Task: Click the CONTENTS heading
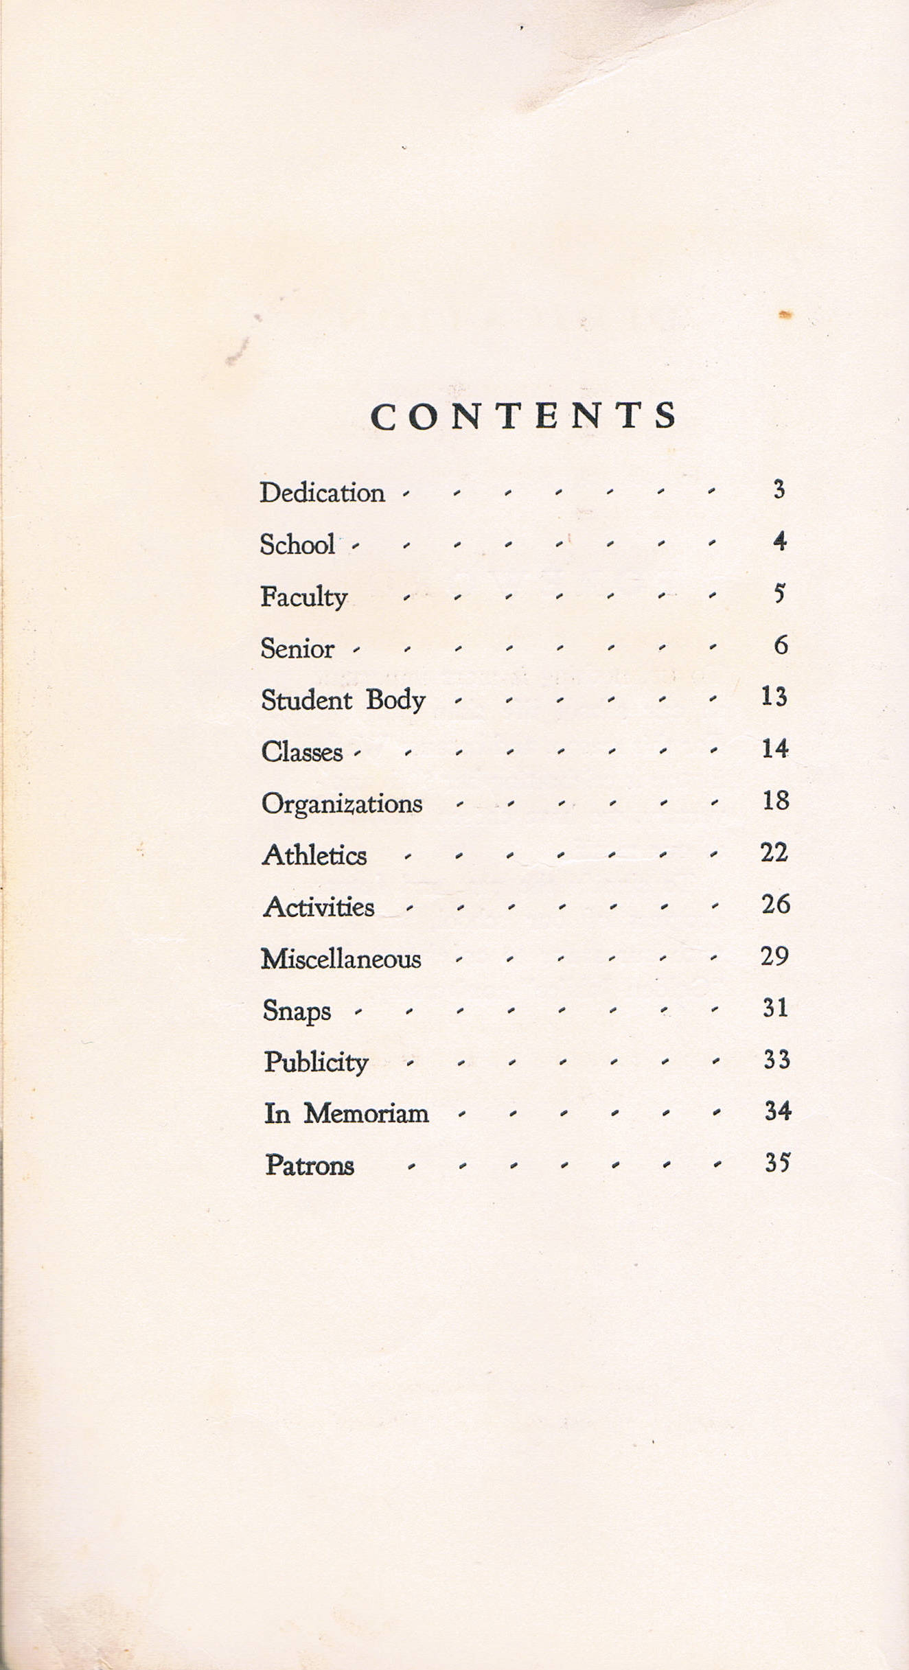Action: [x=524, y=416]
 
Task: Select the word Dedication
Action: [x=322, y=493]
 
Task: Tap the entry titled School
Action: [x=297, y=544]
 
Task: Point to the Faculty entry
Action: [x=303, y=596]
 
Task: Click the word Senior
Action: [x=297, y=649]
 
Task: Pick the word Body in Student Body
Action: [x=395, y=701]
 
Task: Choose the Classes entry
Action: [x=302, y=752]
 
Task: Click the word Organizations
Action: [x=342, y=804]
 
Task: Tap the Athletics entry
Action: [x=314, y=855]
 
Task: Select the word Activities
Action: [x=319, y=907]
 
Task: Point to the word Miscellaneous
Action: [x=341, y=959]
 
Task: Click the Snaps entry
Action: [x=297, y=1011]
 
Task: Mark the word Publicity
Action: [x=317, y=1063]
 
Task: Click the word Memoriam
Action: [x=366, y=1113]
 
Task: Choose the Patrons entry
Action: [x=310, y=1165]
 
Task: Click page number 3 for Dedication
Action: [x=779, y=490]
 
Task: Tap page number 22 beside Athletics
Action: [x=774, y=853]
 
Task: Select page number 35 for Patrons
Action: [x=777, y=1163]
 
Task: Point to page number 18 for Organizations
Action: [x=776, y=800]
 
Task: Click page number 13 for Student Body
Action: [x=774, y=697]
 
